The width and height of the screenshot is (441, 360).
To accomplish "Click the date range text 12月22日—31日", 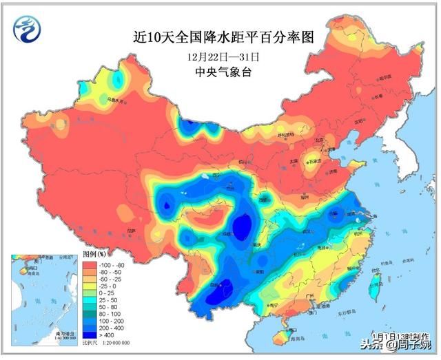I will pos(220,56).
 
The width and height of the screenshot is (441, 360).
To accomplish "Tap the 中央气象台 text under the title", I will pos(220,72).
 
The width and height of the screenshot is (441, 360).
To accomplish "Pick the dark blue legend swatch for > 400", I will pos(90,334).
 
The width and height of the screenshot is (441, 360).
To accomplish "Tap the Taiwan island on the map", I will pos(376,284).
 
